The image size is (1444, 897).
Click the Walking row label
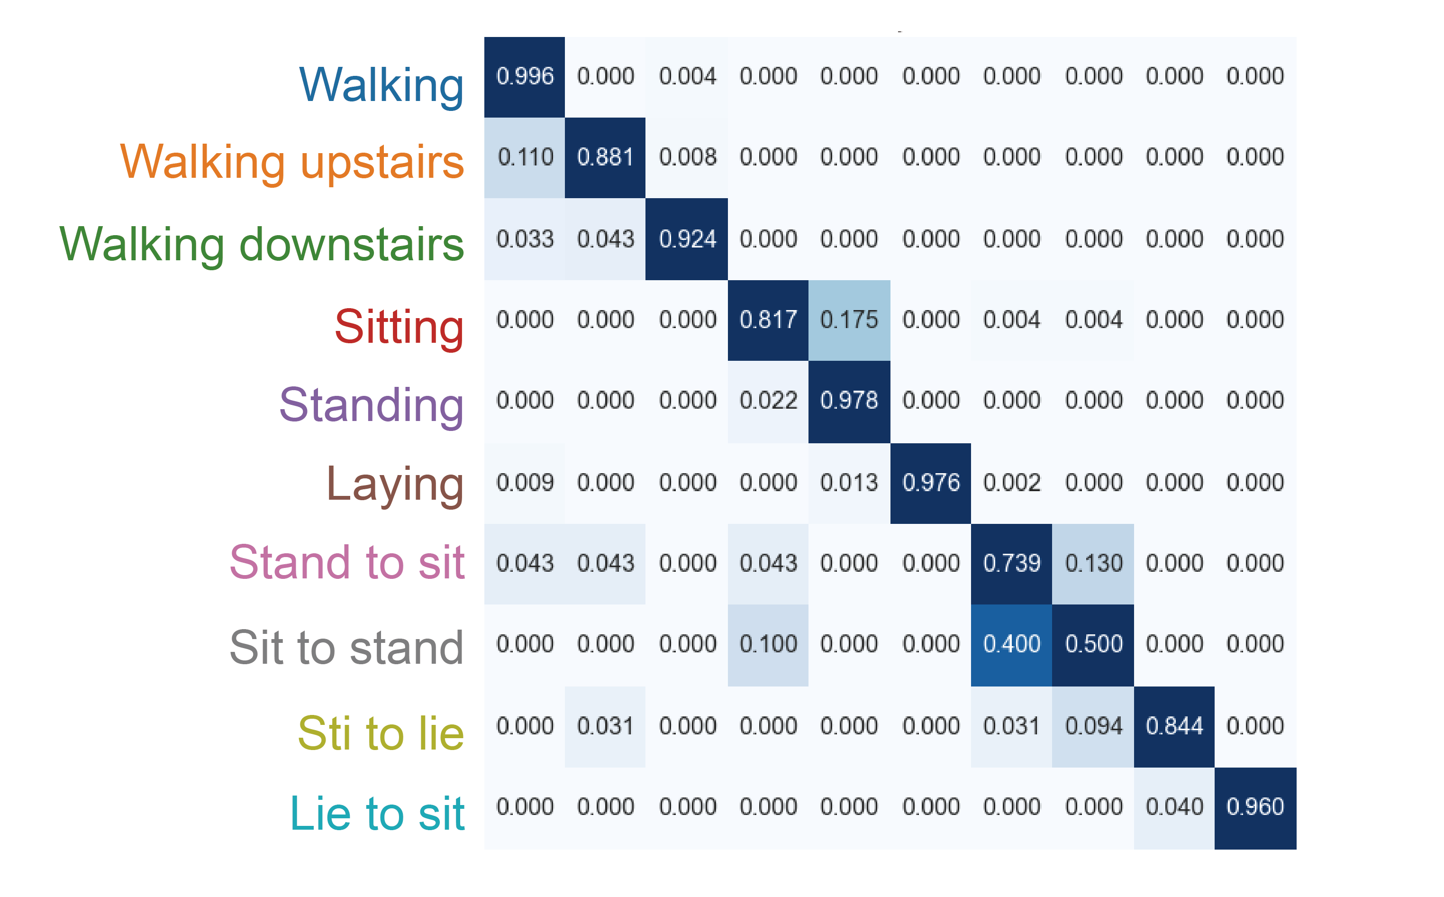381,85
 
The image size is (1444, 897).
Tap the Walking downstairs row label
262,245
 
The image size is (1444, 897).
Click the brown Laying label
395,485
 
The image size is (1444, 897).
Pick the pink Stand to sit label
347,562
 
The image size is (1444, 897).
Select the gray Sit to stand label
347,647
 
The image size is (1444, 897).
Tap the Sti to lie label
381,733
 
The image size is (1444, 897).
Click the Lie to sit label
377,814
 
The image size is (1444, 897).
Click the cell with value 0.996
525,77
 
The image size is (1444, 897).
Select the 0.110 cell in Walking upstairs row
525,158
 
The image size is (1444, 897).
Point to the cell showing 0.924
687,239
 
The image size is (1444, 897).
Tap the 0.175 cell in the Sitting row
849,320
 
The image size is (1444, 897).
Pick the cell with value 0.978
849,402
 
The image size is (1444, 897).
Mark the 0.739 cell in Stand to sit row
1012,564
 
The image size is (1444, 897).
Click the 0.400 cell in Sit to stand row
1012,645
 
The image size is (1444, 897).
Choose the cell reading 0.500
1093,645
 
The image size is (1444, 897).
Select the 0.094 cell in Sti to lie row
1093,727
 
